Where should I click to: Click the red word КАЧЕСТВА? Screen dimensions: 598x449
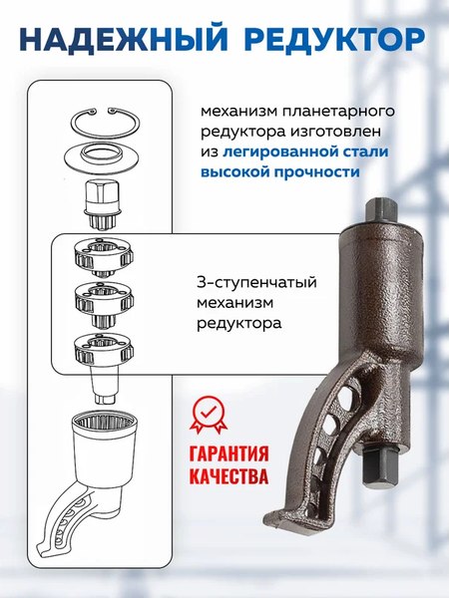coord(228,476)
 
